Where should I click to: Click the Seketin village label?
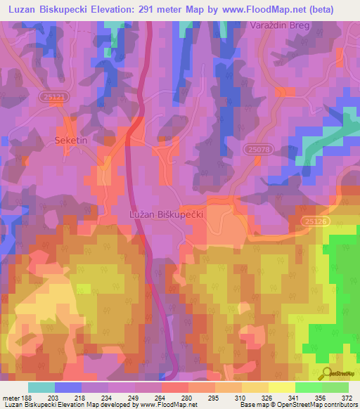70,141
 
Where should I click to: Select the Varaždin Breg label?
279,25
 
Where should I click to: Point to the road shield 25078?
258,149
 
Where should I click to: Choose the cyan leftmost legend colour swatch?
41,387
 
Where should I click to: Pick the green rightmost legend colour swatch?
335,387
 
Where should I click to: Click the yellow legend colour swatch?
281,387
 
